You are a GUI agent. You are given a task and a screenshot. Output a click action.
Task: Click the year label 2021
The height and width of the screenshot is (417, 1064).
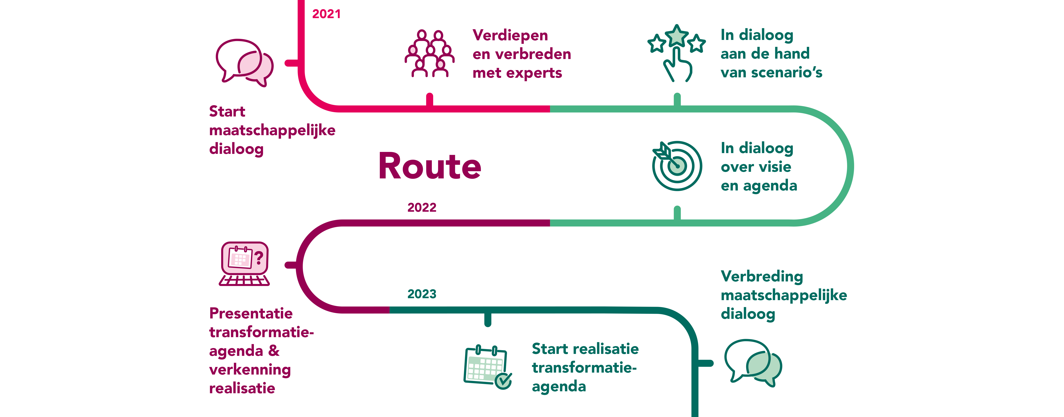point(326,14)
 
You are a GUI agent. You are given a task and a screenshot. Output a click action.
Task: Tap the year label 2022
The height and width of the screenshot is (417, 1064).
point(422,207)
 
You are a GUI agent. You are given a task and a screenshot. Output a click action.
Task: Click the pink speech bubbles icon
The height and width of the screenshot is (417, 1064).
point(245,63)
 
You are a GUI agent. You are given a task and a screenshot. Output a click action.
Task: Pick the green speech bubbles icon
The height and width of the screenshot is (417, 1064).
point(753,363)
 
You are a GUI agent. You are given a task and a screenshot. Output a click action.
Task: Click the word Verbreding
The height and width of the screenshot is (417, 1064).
point(762,277)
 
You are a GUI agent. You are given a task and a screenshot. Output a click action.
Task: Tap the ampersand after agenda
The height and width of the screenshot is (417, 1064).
point(273,351)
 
